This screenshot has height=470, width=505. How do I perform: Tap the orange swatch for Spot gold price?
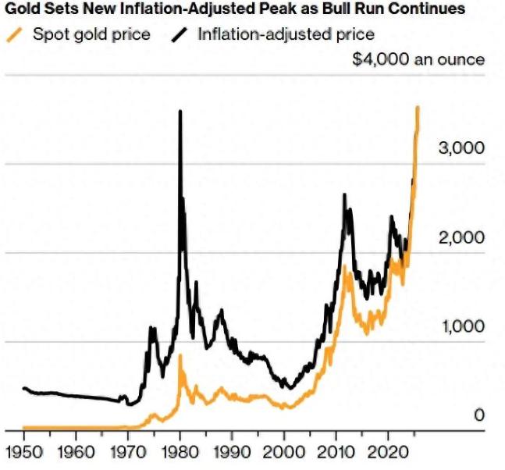tap(14, 34)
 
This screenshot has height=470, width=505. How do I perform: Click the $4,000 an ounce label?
tap(418, 60)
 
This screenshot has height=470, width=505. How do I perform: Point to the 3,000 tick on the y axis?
tap(461, 148)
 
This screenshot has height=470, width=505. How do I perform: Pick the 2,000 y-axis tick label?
tap(461, 237)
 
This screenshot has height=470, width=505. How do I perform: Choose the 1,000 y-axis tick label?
tap(461, 326)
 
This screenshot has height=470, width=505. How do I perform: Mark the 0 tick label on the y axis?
tap(479, 415)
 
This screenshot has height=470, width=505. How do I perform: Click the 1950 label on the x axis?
tap(23, 453)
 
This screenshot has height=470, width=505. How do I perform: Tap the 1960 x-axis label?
tap(76, 453)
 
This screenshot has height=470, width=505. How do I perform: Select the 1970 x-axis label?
tap(128, 453)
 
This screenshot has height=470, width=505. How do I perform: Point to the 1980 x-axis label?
tap(180, 453)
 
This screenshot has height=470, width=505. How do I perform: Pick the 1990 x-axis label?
tap(232, 453)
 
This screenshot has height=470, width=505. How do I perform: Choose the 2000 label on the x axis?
tap(284, 453)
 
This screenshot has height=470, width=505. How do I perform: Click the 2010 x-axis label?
tap(336, 453)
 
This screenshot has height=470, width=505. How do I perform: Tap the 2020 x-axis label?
tap(388, 453)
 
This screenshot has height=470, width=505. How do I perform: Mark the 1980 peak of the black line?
tap(180, 112)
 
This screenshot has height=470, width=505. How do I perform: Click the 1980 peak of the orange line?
tap(180, 356)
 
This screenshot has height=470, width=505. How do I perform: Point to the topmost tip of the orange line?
tap(418, 107)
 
